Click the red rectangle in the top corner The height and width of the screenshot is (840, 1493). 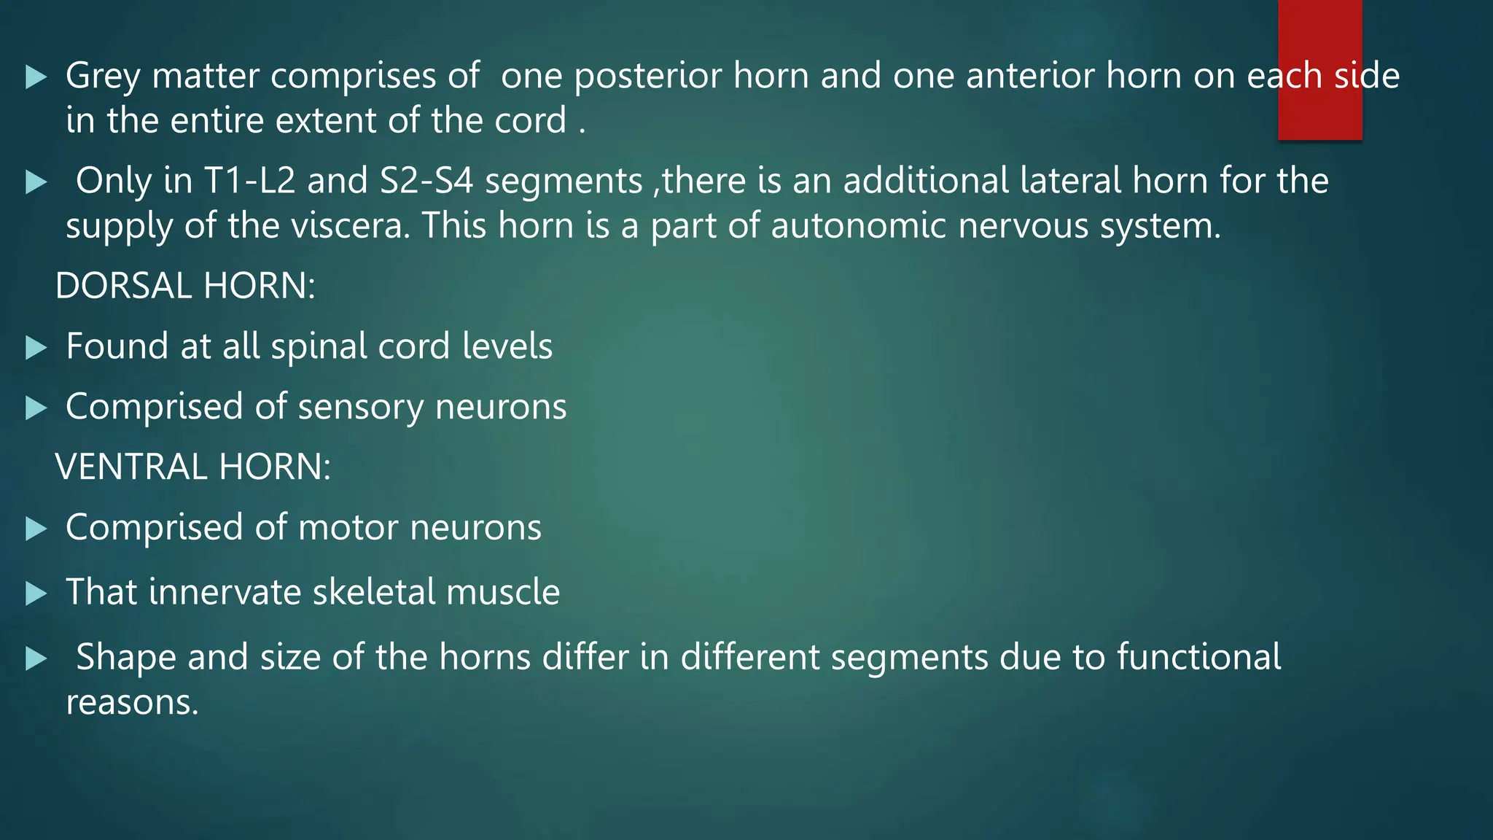pyautogui.click(x=1319, y=69)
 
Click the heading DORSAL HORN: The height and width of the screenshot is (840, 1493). pyautogui.click(x=185, y=285)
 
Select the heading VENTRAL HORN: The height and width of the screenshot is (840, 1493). pyautogui.click(x=192, y=467)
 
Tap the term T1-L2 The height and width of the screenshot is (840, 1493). pyautogui.click(x=249, y=181)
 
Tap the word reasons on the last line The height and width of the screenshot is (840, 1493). pyautogui.click(x=132, y=702)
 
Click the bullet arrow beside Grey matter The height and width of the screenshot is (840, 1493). pyautogui.click(x=36, y=77)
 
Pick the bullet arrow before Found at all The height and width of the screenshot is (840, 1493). pyautogui.click(x=36, y=347)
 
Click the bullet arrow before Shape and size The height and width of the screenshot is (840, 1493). pyautogui.click(x=36, y=658)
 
